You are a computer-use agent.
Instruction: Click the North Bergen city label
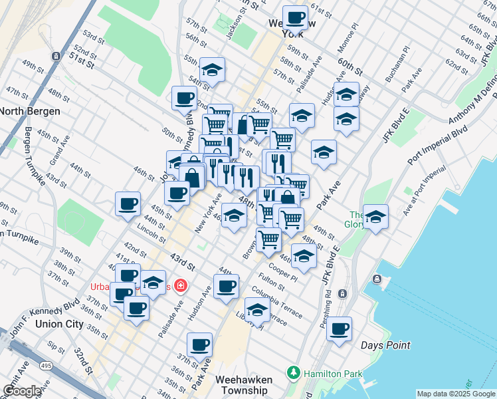click(31, 111)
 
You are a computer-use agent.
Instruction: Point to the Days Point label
click(385, 345)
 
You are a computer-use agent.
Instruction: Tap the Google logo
click(21, 391)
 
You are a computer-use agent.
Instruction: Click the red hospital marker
click(180, 286)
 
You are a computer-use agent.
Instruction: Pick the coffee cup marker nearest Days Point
click(339, 329)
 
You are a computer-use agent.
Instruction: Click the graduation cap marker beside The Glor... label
click(375, 217)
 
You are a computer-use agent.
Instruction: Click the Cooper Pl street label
click(282, 274)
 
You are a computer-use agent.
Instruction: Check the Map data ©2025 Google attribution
click(456, 394)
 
